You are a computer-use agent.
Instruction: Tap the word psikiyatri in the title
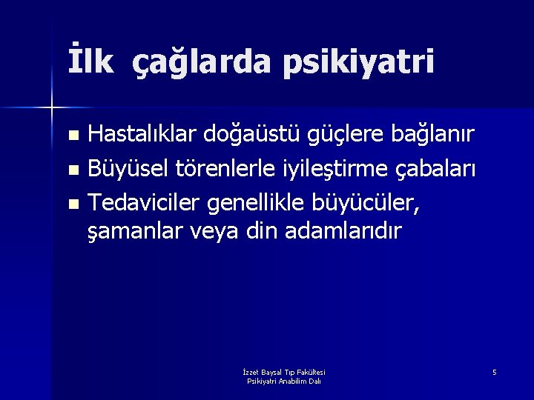(x=358, y=63)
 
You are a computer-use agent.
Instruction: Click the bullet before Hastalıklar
(x=72, y=136)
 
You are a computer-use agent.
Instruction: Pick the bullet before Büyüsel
(x=72, y=170)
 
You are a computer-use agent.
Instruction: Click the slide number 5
(x=494, y=371)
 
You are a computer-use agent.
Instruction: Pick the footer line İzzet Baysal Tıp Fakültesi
(x=283, y=372)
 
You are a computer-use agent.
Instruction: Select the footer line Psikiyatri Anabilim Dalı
(x=283, y=381)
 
